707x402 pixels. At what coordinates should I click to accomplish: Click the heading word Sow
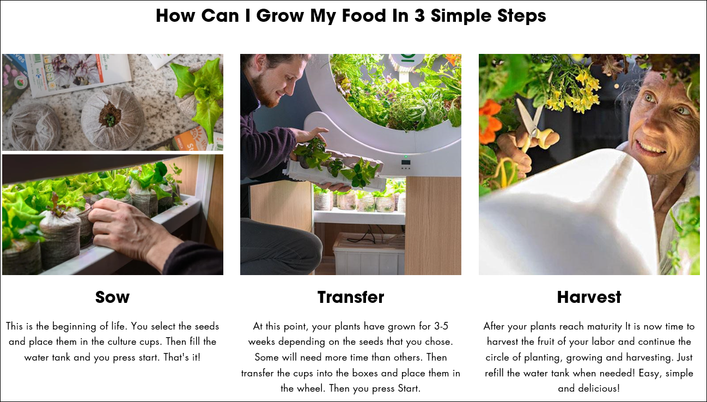coord(112,297)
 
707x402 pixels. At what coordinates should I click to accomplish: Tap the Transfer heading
coord(351,297)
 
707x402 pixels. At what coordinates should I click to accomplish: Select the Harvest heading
coord(589,297)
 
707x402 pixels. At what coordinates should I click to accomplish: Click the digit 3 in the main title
coord(419,15)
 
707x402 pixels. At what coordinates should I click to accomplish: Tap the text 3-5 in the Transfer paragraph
coord(441,326)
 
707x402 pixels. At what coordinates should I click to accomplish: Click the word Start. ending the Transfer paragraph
coord(409,388)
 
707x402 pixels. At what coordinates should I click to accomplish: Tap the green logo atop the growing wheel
coord(408,58)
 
